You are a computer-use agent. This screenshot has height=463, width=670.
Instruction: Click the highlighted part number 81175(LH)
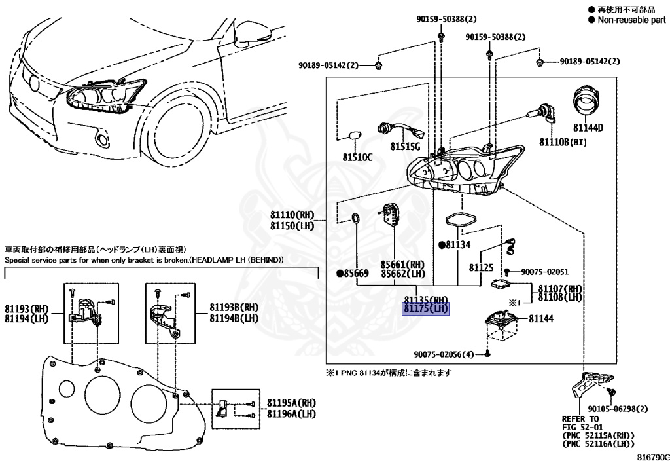[425, 308]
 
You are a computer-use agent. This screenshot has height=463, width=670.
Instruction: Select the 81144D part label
[589, 128]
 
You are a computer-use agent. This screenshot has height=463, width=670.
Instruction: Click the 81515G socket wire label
[406, 146]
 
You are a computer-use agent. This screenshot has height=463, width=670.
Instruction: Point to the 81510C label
[357, 157]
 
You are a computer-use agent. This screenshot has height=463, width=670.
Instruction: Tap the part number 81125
[481, 267]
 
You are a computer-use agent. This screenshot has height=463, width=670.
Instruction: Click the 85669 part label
[353, 273]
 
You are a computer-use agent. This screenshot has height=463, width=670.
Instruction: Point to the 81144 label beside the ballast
[541, 319]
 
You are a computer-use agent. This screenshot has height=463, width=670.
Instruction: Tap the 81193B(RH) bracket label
[234, 307]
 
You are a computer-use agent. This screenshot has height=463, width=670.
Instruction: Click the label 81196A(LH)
[291, 414]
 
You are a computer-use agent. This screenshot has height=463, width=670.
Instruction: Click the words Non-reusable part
[631, 20]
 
